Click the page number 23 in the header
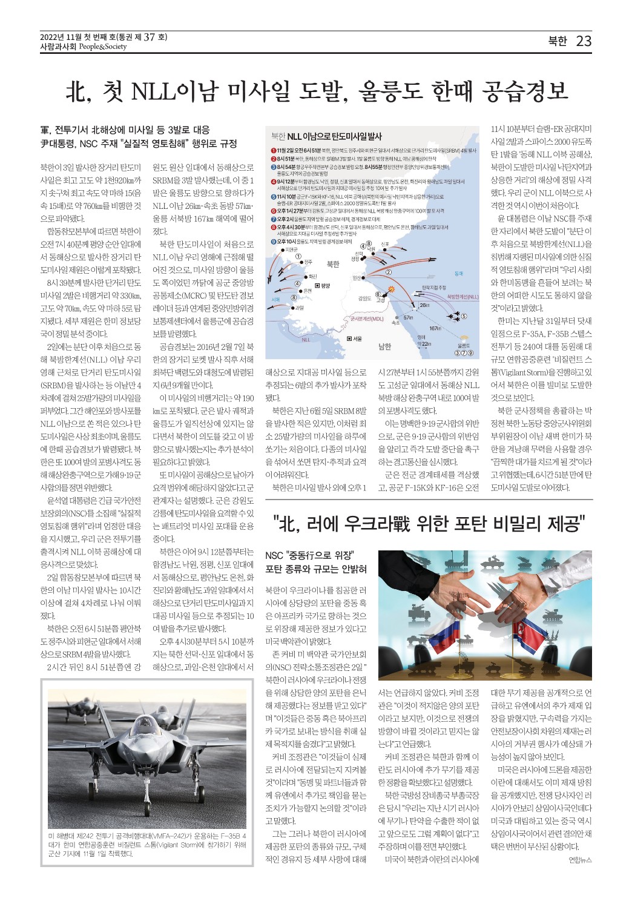[584, 41]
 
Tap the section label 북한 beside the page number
[557, 41]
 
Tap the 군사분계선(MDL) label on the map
[366, 318]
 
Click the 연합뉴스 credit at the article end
[580, 860]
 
